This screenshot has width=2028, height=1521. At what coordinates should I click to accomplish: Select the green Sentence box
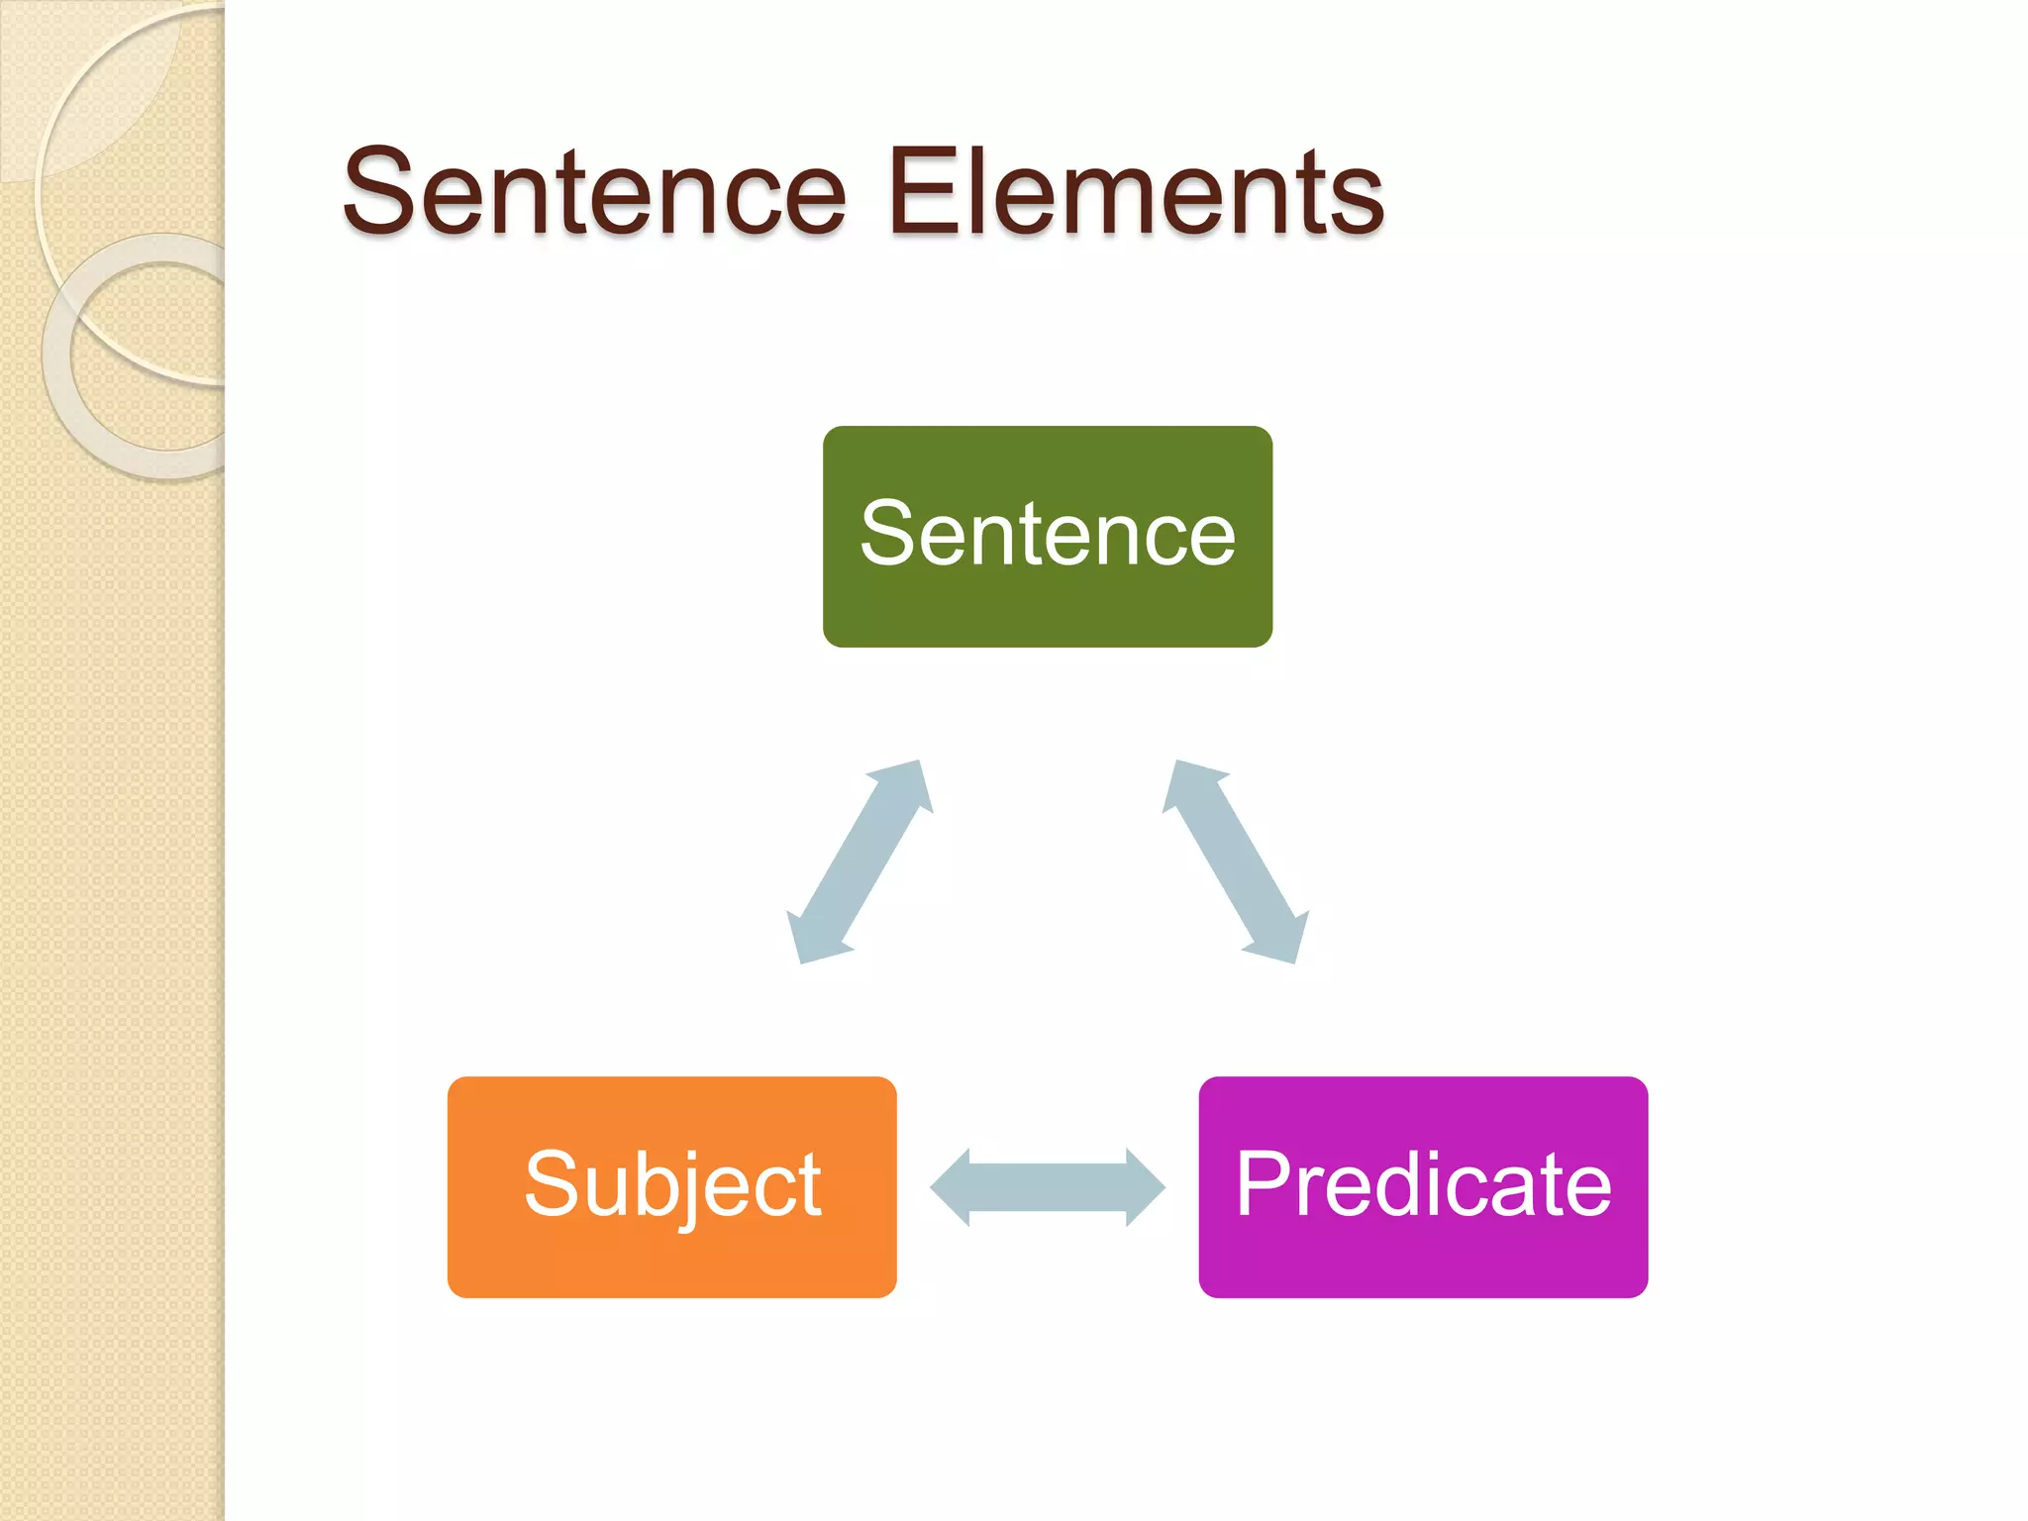1047,536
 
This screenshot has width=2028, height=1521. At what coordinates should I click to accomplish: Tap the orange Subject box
671,1186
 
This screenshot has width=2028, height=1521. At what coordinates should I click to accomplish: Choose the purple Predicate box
1422,1186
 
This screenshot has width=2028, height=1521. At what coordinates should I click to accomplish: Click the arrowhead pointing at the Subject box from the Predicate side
952,1186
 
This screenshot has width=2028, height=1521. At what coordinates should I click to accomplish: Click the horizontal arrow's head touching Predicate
1145,1186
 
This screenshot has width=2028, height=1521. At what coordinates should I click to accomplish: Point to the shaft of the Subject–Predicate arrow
1048,1186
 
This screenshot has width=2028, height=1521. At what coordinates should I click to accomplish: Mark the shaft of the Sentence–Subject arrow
860,862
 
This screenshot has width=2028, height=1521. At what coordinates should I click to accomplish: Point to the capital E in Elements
923,191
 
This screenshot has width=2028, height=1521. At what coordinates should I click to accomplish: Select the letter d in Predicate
1420,1183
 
